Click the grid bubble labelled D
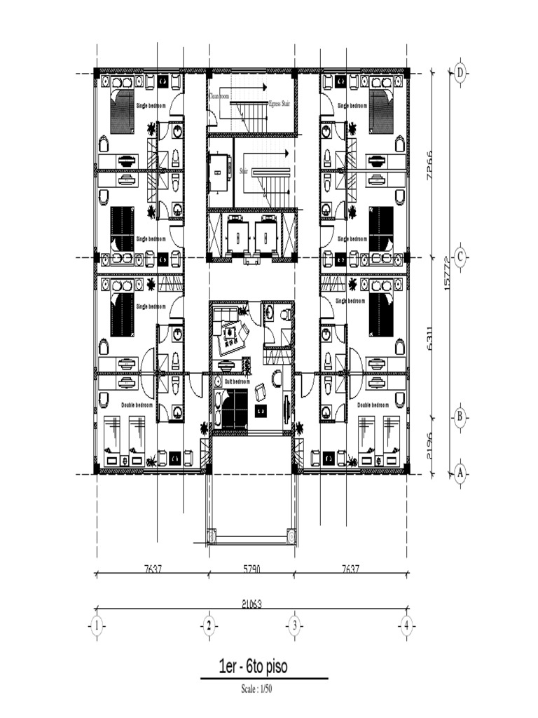pos(460,72)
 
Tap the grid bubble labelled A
pos(460,473)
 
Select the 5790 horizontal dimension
pos(251,570)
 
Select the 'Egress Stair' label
pos(279,103)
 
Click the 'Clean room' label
pos(219,95)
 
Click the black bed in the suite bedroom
pos(236,407)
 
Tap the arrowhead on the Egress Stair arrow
pos(265,87)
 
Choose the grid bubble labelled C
pos(460,257)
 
